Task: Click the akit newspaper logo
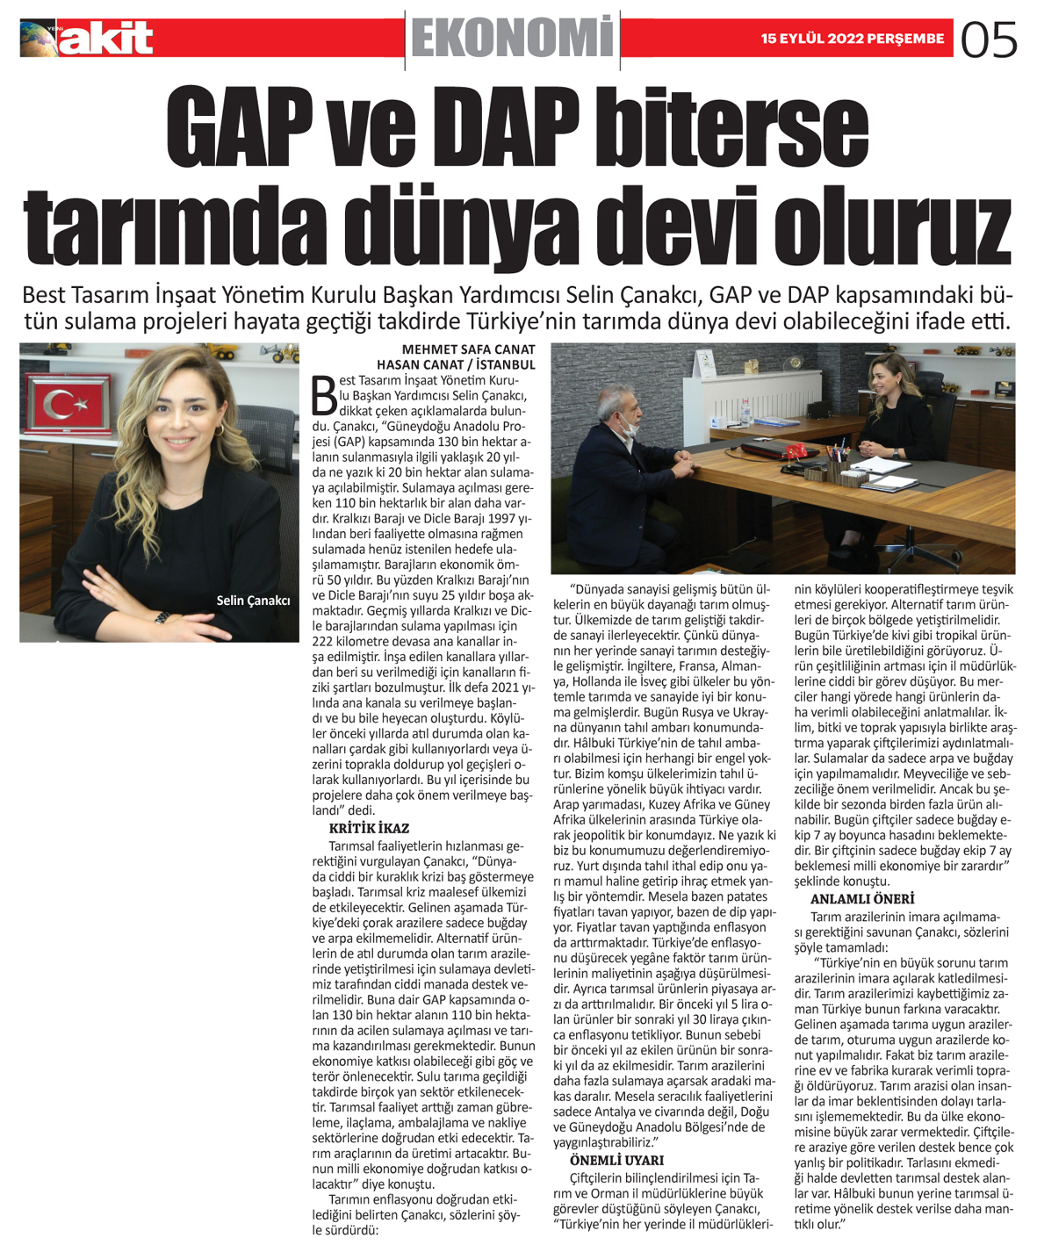tap(88, 39)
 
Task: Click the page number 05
tap(990, 40)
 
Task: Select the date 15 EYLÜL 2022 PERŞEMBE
tap(852, 39)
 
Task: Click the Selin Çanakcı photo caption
tap(253, 601)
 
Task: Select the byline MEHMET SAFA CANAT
tap(468, 349)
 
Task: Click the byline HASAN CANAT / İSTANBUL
tap(456, 364)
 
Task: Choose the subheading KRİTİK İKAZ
tap(369, 828)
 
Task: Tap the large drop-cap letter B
tap(324, 394)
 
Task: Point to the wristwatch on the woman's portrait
tap(161, 616)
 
